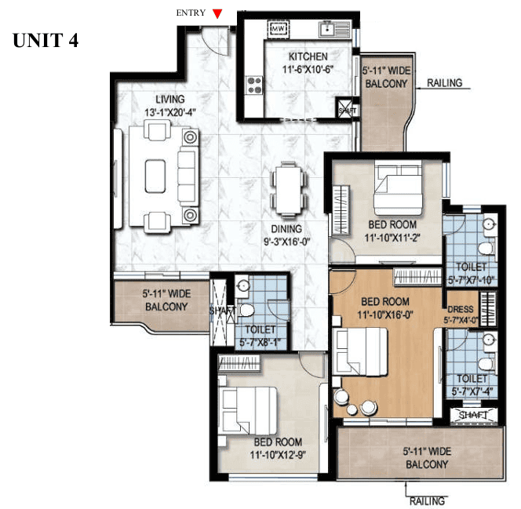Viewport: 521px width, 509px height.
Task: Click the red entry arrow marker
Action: (x=218, y=13)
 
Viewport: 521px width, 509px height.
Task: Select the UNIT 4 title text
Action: (x=45, y=40)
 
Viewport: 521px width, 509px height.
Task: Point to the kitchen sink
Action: (x=332, y=30)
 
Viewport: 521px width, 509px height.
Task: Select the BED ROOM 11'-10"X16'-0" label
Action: (x=384, y=308)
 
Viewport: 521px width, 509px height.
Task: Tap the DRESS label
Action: (x=460, y=309)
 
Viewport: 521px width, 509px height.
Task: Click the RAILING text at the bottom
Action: (x=426, y=500)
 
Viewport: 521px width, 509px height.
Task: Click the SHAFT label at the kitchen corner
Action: (x=346, y=111)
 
